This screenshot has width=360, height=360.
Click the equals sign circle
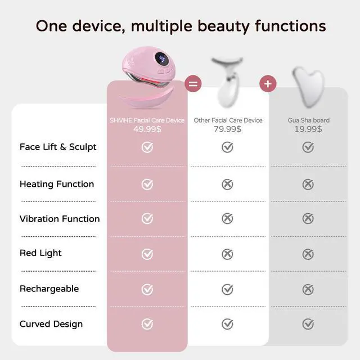pos(193,84)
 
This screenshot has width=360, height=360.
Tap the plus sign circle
pos(268,84)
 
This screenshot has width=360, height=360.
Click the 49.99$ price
pos(147,129)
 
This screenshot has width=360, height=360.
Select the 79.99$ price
pos(227,129)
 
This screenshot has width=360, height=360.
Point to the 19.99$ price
pos(308,129)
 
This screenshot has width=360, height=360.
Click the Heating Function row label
pos(57,184)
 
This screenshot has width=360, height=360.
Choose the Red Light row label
pos(40,253)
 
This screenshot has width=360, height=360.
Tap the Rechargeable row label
pos(49,289)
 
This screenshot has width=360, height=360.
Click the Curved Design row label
pos(51,324)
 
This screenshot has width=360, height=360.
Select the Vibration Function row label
pos(60,219)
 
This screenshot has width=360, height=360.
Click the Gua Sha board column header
pos(309,120)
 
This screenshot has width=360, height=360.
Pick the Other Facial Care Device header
pos(228,120)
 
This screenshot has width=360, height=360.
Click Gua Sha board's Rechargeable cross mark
pos(308,289)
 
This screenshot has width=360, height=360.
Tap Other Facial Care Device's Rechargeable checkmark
pos(227,289)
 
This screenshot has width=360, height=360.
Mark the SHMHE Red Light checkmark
pos(147,254)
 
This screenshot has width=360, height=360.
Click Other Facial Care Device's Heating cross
pos(227,184)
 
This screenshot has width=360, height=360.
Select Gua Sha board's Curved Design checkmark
pos(308,324)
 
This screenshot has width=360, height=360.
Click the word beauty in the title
pos(224,26)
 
